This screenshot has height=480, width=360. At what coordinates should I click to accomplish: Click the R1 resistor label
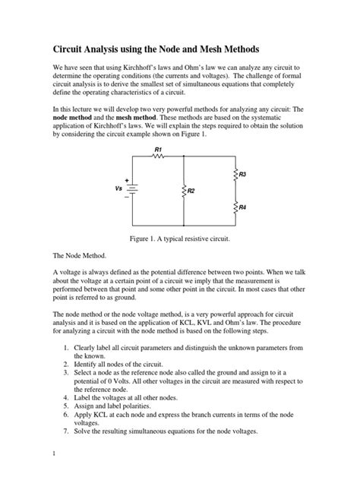pyautogui.click(x=158, y=150)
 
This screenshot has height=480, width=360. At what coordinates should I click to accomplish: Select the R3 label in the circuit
pyautogui.click(x=242, y=175)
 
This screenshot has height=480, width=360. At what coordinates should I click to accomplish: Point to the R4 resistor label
pyautogui.click(x=242, y=207)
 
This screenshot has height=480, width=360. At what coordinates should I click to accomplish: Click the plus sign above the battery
pyautogui.click(x=127, y=180)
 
